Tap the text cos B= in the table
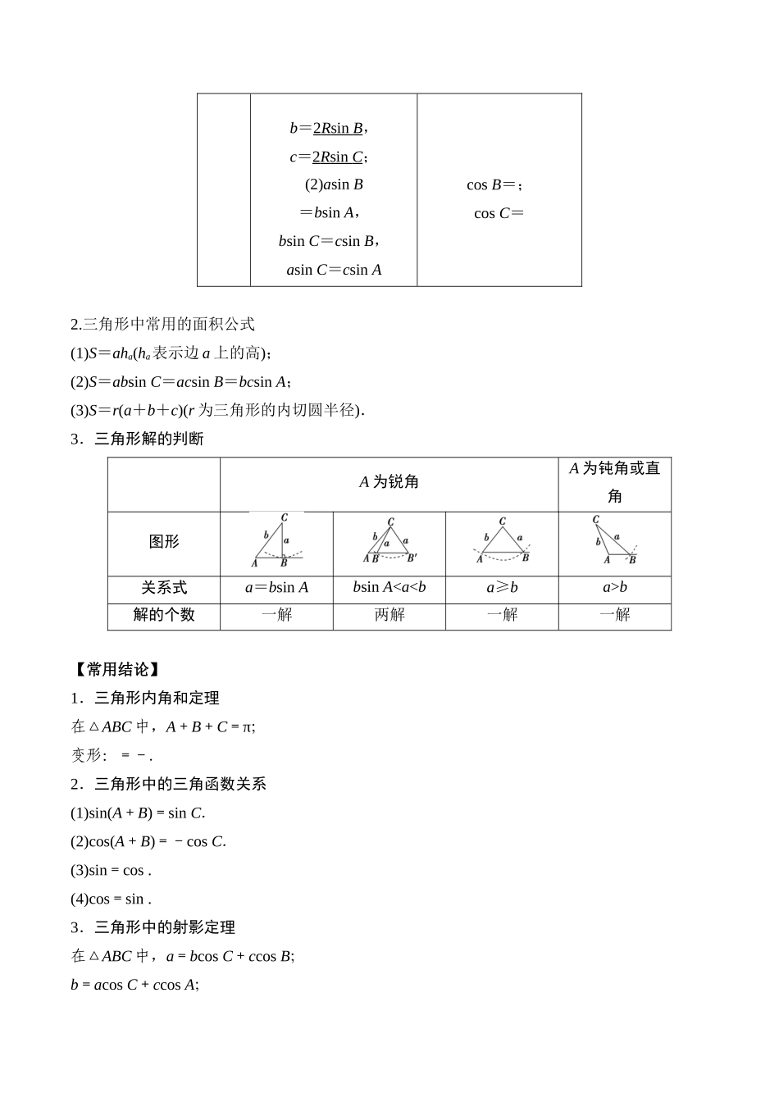tap(494, 184)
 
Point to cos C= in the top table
tap(499, 213)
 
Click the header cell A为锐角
tap(389, 482)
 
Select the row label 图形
tap(164, 541)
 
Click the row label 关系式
tap(164, 588)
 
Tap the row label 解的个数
tap(164, 615)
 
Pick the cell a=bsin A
tap(276, 588)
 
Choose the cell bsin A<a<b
tap(389, 588)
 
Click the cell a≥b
tap(502, 588)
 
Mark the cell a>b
tap(615, 588)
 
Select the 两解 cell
tap(389, 615)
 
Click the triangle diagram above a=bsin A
tap(276, 541)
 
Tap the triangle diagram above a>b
tap(615, 541)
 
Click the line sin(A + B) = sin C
tap(138, 813)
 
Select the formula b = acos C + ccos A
tap(134, 985)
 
